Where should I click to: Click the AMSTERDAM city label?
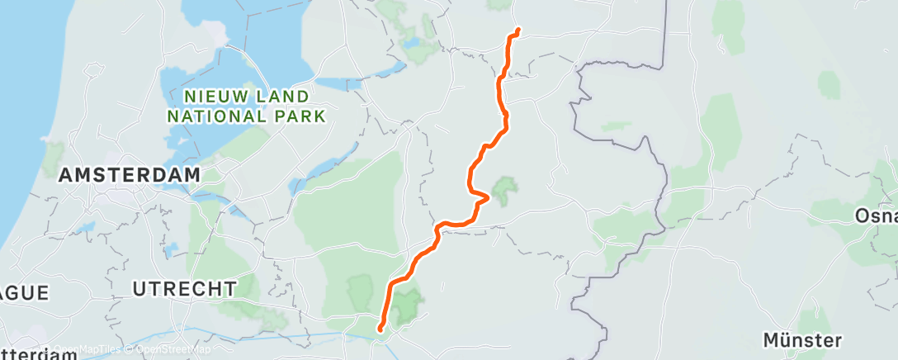130,175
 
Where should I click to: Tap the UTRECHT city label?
184,289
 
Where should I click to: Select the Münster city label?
802,339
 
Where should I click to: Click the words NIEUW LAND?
236,97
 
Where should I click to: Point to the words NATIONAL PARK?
247,116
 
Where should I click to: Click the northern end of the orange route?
518,31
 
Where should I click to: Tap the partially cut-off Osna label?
877,216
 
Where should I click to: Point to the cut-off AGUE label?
25,293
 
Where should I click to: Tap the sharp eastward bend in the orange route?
489,197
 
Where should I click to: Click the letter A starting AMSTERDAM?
66,175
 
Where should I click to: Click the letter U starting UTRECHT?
139,289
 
